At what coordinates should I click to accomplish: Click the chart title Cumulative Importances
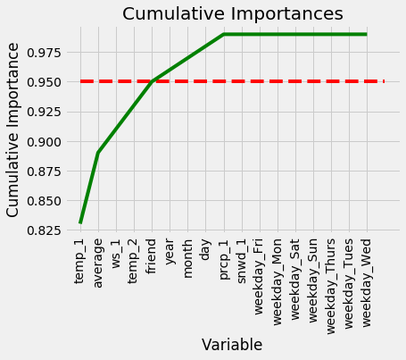coord(233,13)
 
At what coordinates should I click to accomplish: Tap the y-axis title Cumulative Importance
coord(12,130)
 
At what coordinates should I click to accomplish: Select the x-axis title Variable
coord(232,345)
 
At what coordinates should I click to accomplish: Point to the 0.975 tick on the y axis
coord(44,53)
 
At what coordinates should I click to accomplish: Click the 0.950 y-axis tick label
coord(44,82)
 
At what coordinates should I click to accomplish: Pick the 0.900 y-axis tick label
coord(44,142)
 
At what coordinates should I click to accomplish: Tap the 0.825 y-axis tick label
coord(44,230)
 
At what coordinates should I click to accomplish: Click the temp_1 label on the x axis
coord(80,261)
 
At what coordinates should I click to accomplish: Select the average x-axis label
coord(98,264)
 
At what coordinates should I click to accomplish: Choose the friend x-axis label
coord(152,256)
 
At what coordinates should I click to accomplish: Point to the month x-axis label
coord(187,258)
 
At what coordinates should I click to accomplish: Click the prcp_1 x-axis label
coord(224,259)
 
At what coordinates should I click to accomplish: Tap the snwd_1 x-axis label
coord(242,261)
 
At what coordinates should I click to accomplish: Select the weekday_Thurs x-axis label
coord(331,287)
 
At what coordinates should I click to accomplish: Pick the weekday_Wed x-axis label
coord(367,282)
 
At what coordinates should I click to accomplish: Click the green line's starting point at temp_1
coord(80,223)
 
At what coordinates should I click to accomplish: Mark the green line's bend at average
coord(98,153)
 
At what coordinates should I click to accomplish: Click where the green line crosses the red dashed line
coord(152,81)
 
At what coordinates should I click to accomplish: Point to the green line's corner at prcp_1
coord(224,34)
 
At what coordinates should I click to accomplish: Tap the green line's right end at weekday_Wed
coord(367,34)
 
